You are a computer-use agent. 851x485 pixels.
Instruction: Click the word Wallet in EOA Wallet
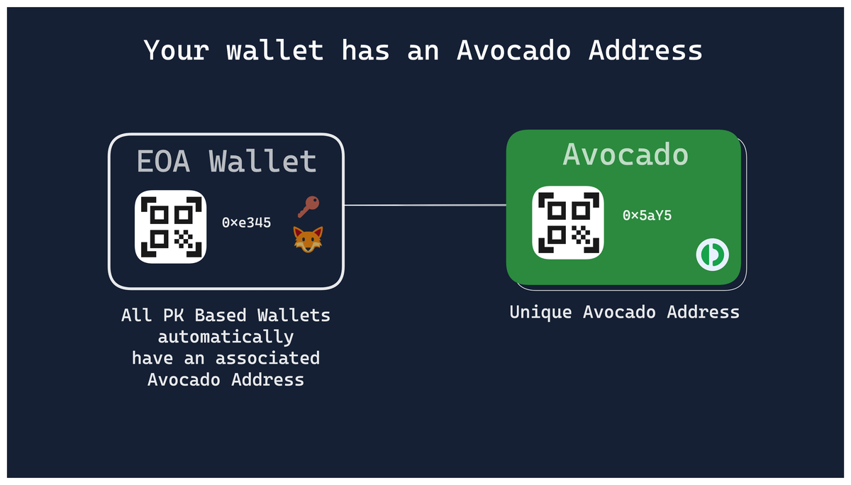[x=262, y=161]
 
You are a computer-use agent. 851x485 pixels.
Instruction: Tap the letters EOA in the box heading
[x=163, y=162]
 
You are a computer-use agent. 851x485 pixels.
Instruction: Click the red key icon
[x=308, y=206]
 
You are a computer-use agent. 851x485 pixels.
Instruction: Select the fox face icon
[x=308, y=239]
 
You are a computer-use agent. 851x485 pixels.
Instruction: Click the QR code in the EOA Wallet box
[x=171, y=227]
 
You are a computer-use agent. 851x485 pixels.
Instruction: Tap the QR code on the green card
[x=568, y=223]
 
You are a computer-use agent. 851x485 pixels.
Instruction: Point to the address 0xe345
[x=246, y=223]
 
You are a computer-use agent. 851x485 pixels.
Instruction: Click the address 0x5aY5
[x=647, y=216]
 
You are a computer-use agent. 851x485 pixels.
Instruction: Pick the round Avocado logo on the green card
[x=712, y=255]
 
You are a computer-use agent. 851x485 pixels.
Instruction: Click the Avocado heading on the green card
[x=625, y=155]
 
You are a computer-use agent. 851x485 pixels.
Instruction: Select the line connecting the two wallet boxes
[x=425, y=206]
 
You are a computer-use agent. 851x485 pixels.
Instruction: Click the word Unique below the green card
[x=540, y=313]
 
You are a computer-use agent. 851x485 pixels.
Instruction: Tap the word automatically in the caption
[x=226, y=337]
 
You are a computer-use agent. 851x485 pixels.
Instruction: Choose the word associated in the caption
[x=267, y=358]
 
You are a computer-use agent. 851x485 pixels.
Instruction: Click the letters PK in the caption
[x=173, y=316]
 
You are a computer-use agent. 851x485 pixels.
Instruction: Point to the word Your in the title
[x=177, y=50]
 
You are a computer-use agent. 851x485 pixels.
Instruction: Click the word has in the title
[x=365, y=50]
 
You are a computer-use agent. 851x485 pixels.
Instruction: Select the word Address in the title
[x=645, y=50]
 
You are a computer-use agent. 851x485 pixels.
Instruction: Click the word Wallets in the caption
[x=294, y=316]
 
